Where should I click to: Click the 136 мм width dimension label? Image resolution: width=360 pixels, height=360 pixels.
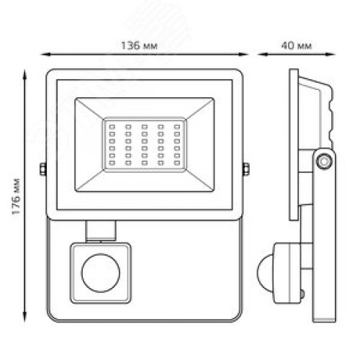point(139,45)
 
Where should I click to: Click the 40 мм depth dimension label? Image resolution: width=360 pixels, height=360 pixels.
point(297,45)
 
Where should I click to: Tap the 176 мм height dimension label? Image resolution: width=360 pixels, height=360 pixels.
point(17,197)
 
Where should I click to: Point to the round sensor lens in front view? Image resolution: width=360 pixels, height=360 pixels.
point(101,273)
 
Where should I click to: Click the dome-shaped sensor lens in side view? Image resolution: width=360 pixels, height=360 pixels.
point(265,273)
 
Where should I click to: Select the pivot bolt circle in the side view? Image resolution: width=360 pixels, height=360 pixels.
point(324,161)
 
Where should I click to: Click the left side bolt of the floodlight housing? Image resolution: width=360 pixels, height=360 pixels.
point(43,168)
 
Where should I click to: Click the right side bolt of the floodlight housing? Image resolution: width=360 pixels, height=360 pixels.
point(246,168)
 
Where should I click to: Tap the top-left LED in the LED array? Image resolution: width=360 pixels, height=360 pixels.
point(112,127)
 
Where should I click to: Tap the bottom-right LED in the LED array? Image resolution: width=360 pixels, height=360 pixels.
point(177,163)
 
